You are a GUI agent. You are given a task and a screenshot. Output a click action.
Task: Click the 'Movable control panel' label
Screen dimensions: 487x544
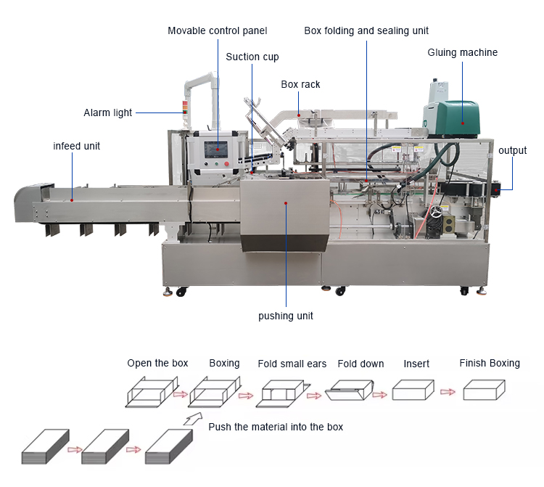tap(217, 30)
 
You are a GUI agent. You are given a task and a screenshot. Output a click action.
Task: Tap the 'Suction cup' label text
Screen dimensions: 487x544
tap(252, 57)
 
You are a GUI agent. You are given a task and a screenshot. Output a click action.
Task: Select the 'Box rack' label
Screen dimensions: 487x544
tap(300, 84)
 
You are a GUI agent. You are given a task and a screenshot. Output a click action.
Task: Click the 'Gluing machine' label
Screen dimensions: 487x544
tap(462, 52)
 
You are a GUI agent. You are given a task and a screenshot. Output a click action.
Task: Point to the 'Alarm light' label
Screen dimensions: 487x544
tap(108, 112)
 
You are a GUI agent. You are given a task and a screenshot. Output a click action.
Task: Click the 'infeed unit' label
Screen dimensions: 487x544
tap(76, 146)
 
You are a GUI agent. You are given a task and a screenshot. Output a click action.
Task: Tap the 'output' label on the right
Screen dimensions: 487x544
tap(512, 150)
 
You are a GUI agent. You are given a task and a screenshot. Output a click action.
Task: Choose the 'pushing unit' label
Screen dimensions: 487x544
tap(286, 316)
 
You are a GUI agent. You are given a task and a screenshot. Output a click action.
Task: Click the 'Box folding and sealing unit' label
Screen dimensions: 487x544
tap(366, 30)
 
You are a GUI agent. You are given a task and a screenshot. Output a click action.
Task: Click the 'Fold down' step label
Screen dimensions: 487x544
tap(360, 364)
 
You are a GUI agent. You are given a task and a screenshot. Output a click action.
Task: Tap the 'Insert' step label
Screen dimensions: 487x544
tap(416, 364)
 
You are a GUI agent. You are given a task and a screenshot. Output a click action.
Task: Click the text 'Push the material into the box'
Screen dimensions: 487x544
tap(276, 427)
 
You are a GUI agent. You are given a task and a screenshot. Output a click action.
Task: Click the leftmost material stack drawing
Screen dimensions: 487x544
tap(45, 448)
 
